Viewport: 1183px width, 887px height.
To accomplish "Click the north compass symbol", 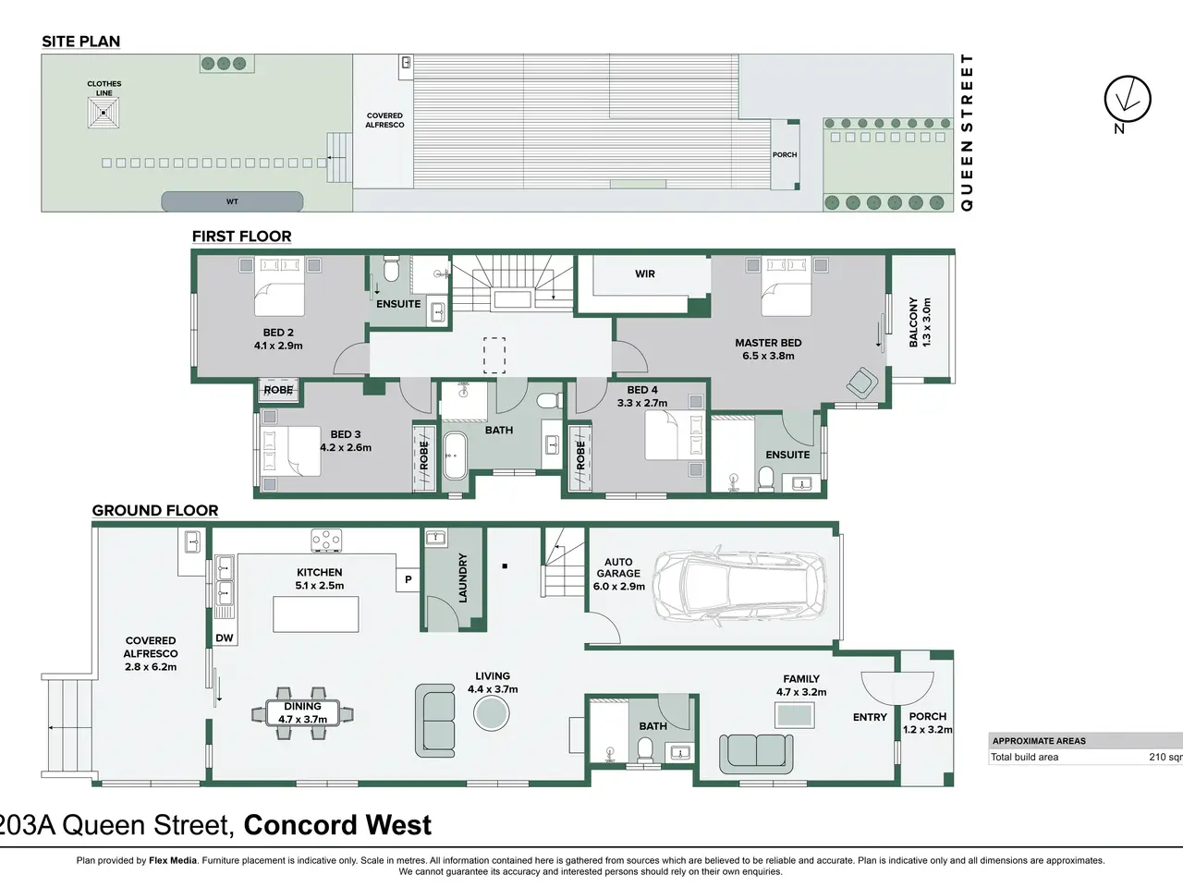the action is [x=1128, y=99].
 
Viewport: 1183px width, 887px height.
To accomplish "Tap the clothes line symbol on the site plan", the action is [x=104, y=113].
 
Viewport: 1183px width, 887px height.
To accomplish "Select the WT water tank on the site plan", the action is [x=232, y=202].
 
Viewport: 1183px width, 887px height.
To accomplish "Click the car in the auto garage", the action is [x=738, y=586].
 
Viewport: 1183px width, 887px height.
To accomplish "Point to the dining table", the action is [x=302, y=713].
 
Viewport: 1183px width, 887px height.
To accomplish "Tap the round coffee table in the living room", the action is [x=492, y=713].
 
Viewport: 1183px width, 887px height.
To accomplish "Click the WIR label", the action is [x=644, y=273].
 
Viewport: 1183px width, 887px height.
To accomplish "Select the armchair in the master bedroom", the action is [x=862, y=383].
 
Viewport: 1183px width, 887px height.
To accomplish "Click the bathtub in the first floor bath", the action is [x=456, y=456].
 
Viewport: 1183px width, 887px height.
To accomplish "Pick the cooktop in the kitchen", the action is [x=326, y=541].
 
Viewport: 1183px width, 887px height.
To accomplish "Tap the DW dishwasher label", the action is [x=225, y=638].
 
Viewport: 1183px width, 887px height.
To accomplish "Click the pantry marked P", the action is [x=408, y=579].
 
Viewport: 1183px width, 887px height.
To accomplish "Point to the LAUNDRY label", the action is [x=462, y=577].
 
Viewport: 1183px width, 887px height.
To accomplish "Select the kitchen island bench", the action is [x=316, y=614].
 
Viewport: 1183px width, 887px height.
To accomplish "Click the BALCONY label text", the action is [x=913, y=322].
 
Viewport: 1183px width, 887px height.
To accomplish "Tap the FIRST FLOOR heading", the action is [x=241, y=237].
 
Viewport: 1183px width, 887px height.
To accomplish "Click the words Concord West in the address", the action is [x=337, y=825].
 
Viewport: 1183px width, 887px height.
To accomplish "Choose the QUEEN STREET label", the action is [x=967, y=132].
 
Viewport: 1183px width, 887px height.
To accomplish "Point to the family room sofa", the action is [x=756, y=754].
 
